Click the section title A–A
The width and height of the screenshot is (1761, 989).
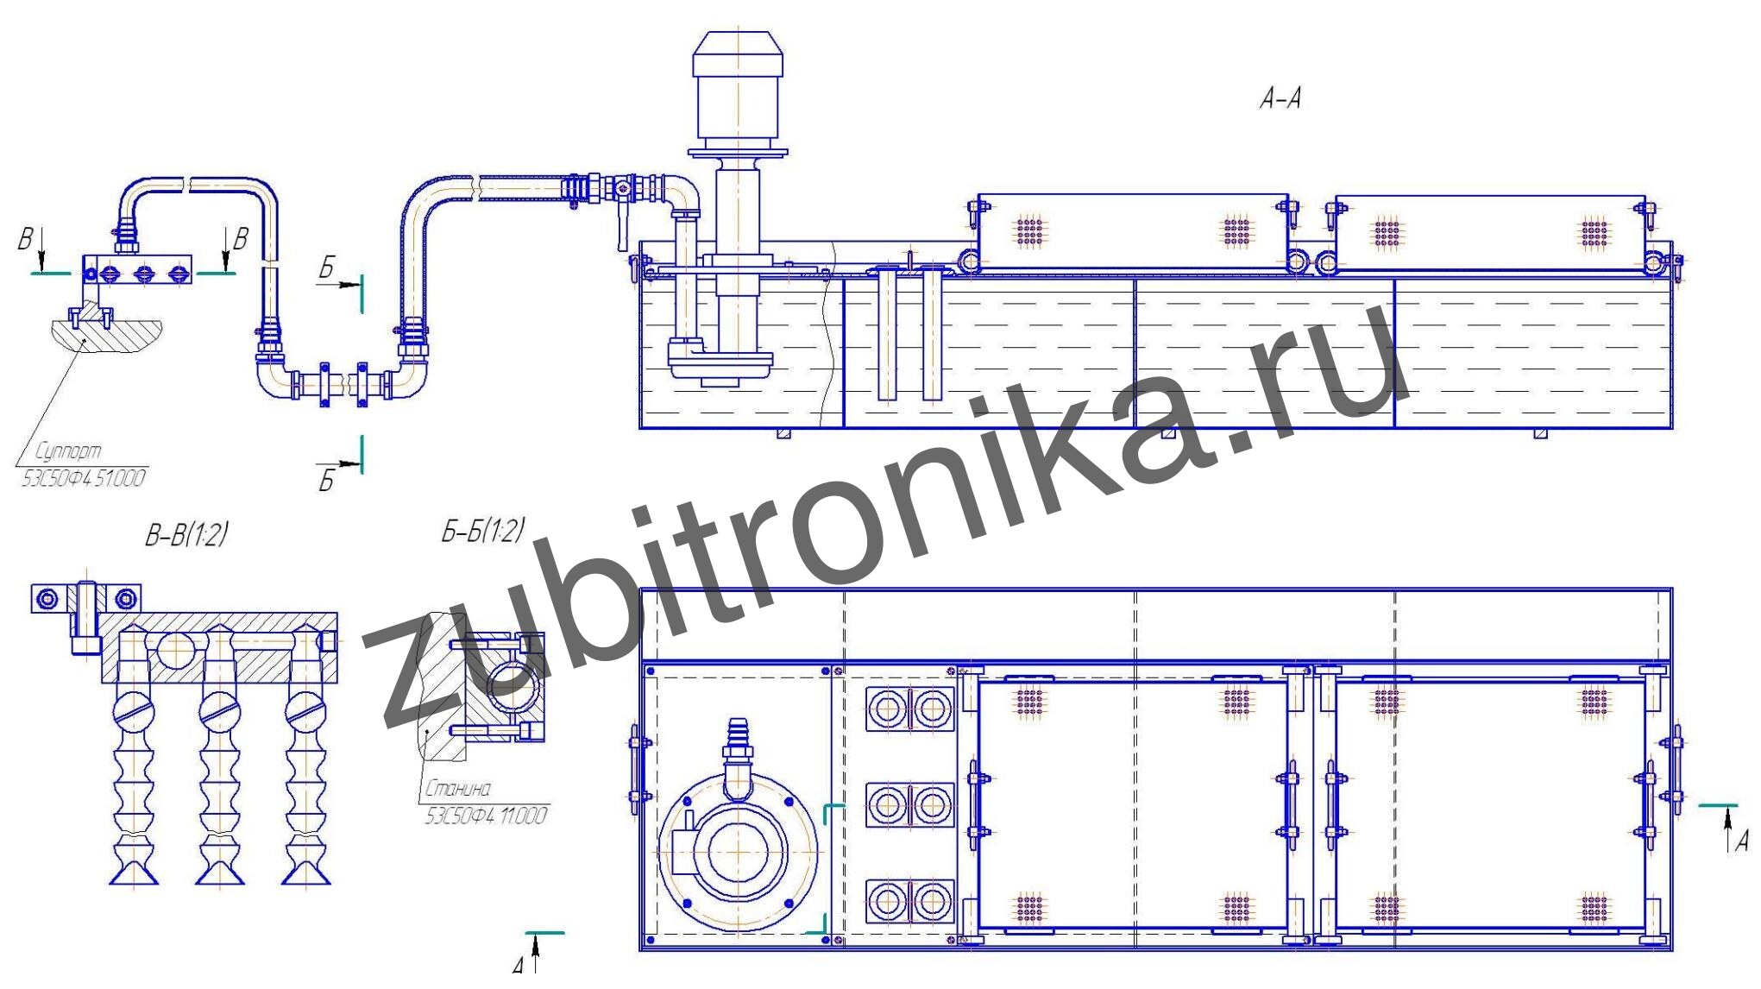pos(1280,99)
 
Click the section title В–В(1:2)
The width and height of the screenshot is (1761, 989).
pos(186,534)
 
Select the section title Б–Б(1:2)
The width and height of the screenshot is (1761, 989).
pos(483,530)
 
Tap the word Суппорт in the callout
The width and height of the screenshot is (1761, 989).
pos(68,450)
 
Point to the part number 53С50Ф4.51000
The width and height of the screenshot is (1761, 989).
pos(83,478)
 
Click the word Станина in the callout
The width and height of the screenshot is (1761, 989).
pos(458,788)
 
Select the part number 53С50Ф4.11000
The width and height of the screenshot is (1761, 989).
pos(486,816)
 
